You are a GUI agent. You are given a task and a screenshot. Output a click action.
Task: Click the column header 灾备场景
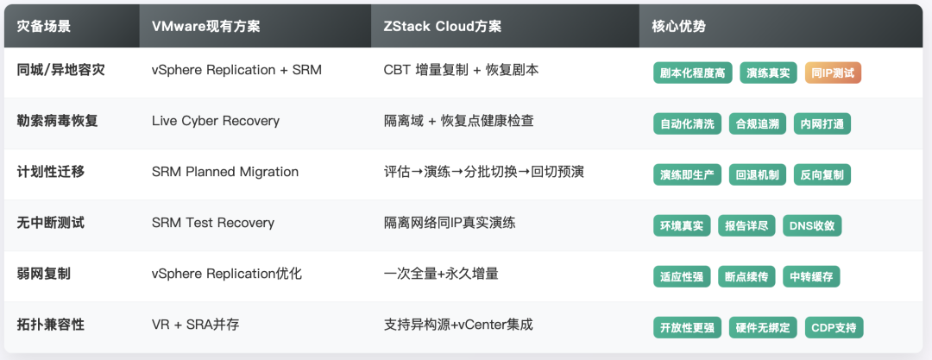[44, 26]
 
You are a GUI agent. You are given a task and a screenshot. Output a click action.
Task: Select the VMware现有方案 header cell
[205, 26]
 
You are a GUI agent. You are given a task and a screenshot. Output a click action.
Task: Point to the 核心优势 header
[672, 26]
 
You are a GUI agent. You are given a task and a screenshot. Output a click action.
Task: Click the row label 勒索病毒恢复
[57, 121]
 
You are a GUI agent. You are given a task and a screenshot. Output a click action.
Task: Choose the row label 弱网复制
[44, 274]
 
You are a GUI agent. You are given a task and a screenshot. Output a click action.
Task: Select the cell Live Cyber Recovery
[216, 121]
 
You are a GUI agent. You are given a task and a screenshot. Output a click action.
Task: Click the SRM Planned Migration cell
[225, 172]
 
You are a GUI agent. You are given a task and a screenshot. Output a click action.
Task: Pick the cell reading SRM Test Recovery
[213, 223]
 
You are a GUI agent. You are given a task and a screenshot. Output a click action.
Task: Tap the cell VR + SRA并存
[195, 325]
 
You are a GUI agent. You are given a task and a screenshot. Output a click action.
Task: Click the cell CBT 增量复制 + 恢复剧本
[462, 70]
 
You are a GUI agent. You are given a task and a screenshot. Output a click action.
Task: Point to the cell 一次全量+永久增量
[441, 274]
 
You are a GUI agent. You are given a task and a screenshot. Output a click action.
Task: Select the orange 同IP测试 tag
[833, 73]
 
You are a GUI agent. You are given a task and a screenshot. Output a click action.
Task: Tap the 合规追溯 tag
[757, 123]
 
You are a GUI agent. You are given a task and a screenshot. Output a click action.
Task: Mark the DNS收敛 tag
[812, 225]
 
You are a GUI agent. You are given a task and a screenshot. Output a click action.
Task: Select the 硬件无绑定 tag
[763, 327]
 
